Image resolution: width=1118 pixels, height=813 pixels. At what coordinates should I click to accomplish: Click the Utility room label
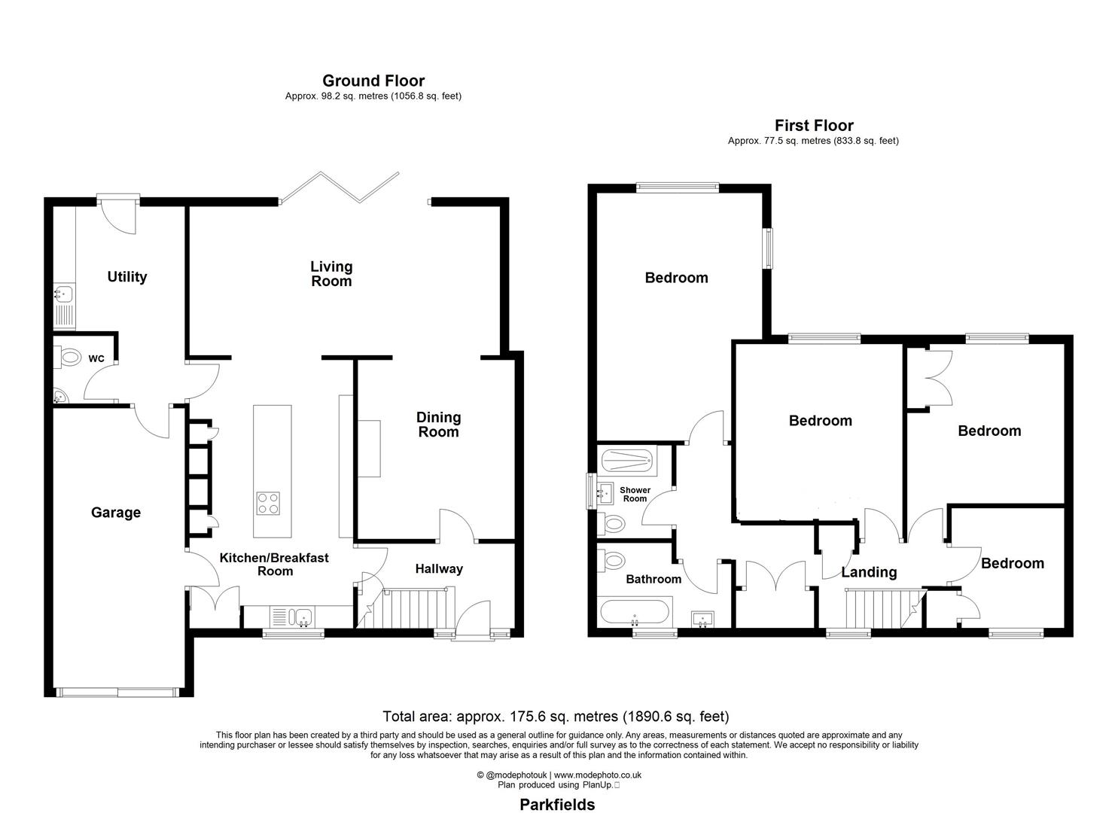[x=126, y=277]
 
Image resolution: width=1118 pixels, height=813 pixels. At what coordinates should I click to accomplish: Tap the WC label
[x=96, y=359]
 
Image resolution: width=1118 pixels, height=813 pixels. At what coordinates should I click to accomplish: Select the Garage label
[x=116, y=513]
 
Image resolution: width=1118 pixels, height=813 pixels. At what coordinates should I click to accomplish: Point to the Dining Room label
[x=438, y=425]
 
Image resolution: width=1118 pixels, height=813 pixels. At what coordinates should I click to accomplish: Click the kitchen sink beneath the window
[x=303, y=617]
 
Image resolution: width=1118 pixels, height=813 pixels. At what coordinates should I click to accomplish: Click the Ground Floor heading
[x=373, y=81]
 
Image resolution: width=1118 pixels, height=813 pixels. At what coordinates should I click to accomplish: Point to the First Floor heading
[x=814, y=126]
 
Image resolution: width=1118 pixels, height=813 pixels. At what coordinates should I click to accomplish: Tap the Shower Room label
[x=635, y=495]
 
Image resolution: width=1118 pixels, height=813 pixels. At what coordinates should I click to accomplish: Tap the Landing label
[x=869, y=572]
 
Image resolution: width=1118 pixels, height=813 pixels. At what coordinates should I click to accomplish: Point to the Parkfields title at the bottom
[x=557, y=805]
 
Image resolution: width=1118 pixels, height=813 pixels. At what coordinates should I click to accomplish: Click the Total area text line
[x=556, y=717]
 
